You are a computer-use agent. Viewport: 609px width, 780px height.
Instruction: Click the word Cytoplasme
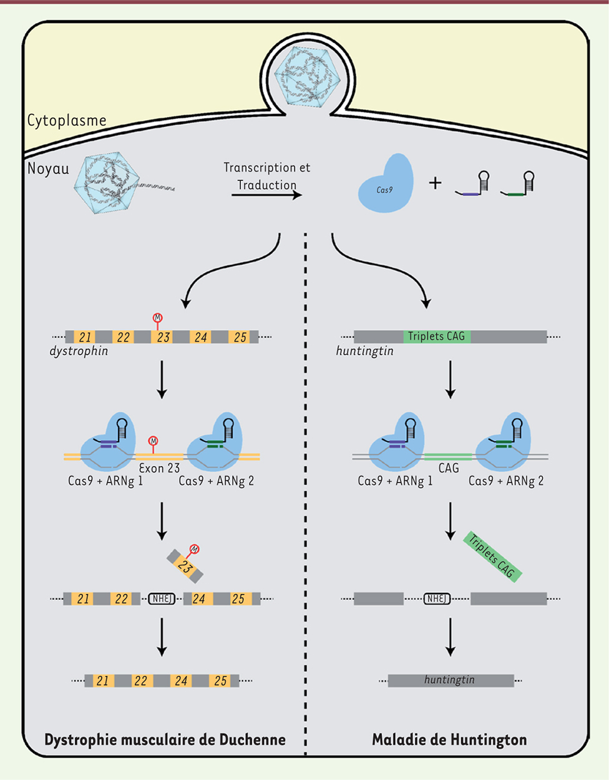pos(67,120)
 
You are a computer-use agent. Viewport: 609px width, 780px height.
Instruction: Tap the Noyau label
pos(48,168)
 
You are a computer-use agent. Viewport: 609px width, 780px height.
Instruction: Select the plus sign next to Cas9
pos(435,182)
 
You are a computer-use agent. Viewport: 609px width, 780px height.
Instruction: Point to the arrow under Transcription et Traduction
pos(266,195)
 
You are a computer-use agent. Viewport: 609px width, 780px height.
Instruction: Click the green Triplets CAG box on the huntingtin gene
pos(436,336)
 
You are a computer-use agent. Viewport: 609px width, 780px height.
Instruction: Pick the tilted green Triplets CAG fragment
pos(492,557)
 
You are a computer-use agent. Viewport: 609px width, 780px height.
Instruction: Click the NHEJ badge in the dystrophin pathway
pos(162,599)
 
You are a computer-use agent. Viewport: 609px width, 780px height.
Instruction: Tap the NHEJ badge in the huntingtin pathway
pos(436,599)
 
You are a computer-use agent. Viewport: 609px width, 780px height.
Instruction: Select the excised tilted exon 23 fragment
pos(185,565)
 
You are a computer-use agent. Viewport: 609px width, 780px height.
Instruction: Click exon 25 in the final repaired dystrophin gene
pos(220,681)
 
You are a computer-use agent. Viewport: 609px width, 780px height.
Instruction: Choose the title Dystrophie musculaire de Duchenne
pos(165,740)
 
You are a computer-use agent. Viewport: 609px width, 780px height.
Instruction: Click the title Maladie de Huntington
pos(449,740)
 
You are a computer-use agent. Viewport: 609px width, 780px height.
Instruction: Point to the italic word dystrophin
pos(79,351)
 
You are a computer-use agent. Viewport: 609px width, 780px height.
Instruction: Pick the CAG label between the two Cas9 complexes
pos(449,468)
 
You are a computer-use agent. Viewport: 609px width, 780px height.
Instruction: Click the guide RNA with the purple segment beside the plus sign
pos(472,185)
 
